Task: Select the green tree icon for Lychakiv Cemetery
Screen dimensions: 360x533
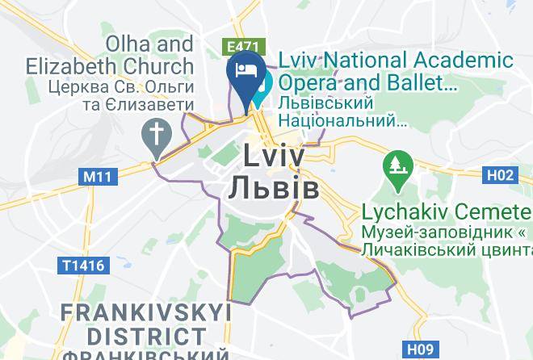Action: click(x=398, y=167)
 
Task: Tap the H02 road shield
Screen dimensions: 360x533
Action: click(x=500, y=174)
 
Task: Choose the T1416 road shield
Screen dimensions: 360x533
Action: click(x=83, y=264)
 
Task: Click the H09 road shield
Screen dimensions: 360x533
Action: click(x=420, y=350)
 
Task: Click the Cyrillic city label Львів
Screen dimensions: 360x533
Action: click(x=273, y=187)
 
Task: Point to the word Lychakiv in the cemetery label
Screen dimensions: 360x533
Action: click(x=402, y=212)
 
